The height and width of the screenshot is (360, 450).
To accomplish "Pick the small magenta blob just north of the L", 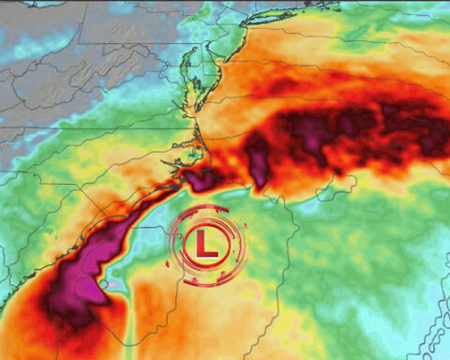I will tap(199, 178).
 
